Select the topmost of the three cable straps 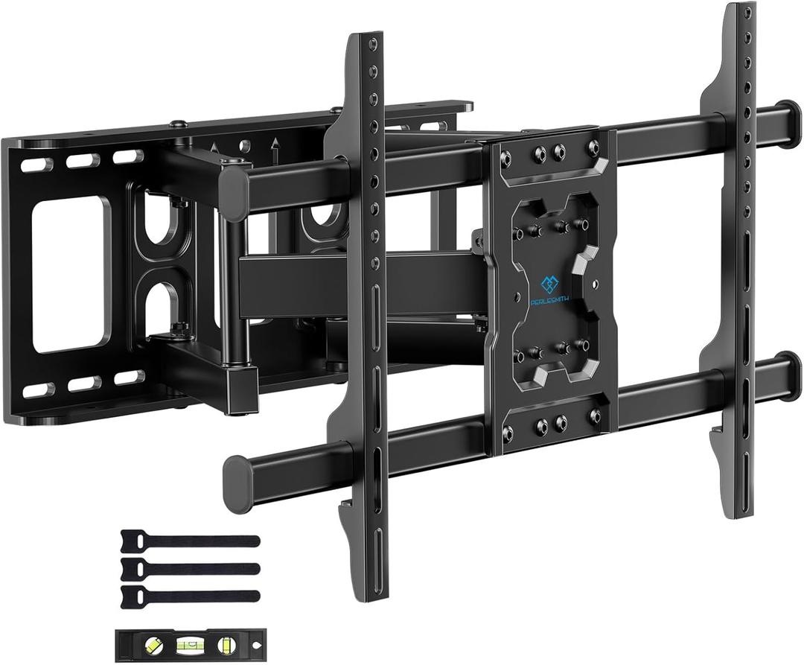[189, 541]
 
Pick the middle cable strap [189, 568]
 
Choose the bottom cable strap [189, 596]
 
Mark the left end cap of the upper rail [235, 185]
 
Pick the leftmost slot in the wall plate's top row [33, 166]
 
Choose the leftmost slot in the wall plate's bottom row [33, 390]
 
